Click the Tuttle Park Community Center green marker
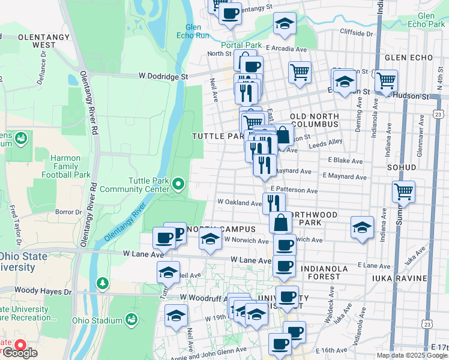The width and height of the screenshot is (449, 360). click(178, 183)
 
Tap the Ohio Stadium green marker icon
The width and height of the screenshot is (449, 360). click(131, 320)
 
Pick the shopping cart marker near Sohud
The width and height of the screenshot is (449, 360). click(404, 192)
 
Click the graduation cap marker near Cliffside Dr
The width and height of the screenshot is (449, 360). click(284, 24)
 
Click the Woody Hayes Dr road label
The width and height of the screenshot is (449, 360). click(35, 292)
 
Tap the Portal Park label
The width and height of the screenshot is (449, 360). click(241, 45)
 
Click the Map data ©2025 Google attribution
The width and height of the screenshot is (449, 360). click(412, 355)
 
